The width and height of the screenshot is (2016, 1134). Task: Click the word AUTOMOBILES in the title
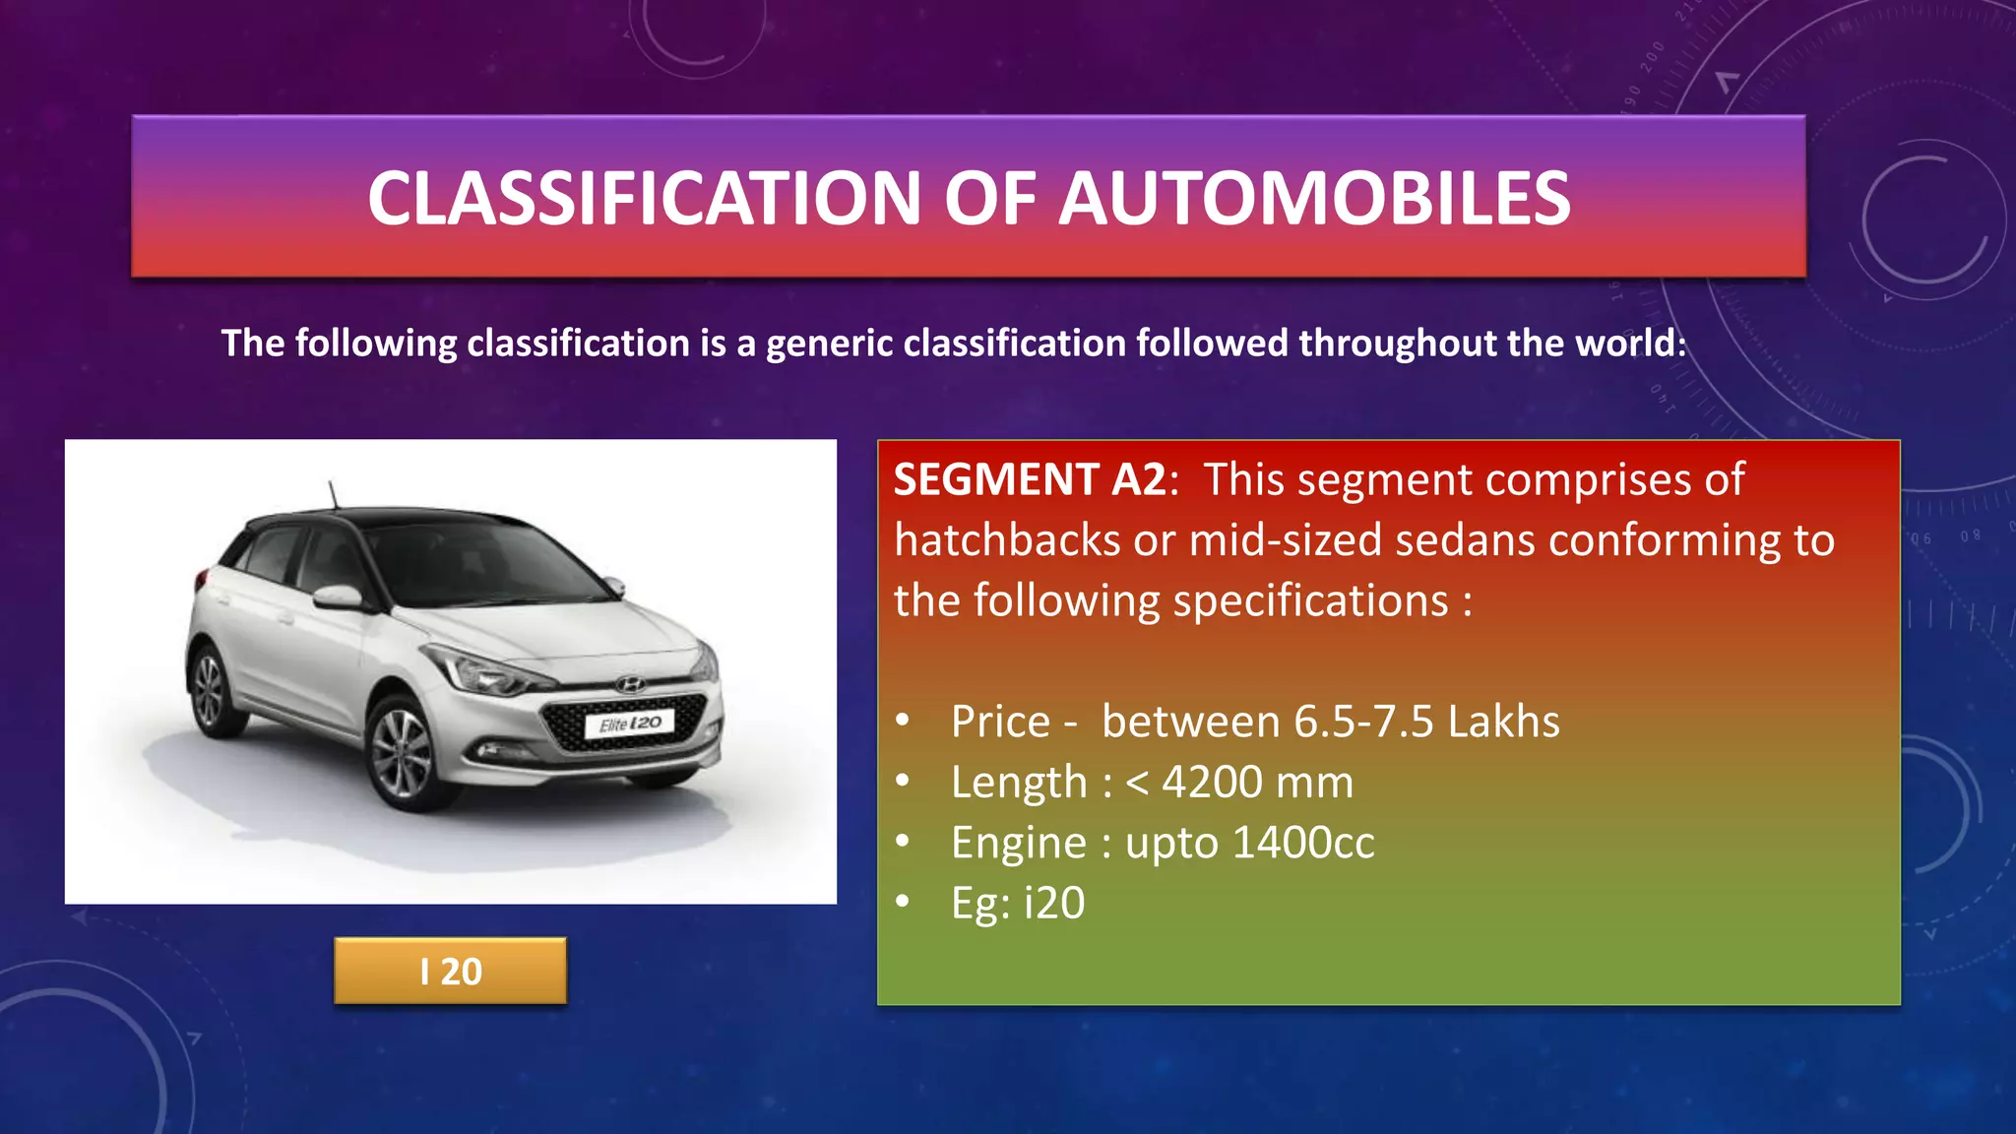1314,198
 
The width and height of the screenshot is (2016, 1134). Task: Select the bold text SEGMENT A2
1030,480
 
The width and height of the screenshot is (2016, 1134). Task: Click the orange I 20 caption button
450,972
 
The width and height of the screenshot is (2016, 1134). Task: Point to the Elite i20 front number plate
630,724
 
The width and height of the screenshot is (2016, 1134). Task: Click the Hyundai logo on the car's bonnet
630,684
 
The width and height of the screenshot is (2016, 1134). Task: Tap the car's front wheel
404,753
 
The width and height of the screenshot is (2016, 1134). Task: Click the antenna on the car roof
332,493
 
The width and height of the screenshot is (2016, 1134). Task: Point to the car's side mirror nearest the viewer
338,597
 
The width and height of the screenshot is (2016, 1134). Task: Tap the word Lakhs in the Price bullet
1503,723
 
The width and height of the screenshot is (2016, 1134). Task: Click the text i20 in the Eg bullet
1054,904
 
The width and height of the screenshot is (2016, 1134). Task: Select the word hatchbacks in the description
1006,540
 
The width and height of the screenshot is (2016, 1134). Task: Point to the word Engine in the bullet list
1018,843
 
